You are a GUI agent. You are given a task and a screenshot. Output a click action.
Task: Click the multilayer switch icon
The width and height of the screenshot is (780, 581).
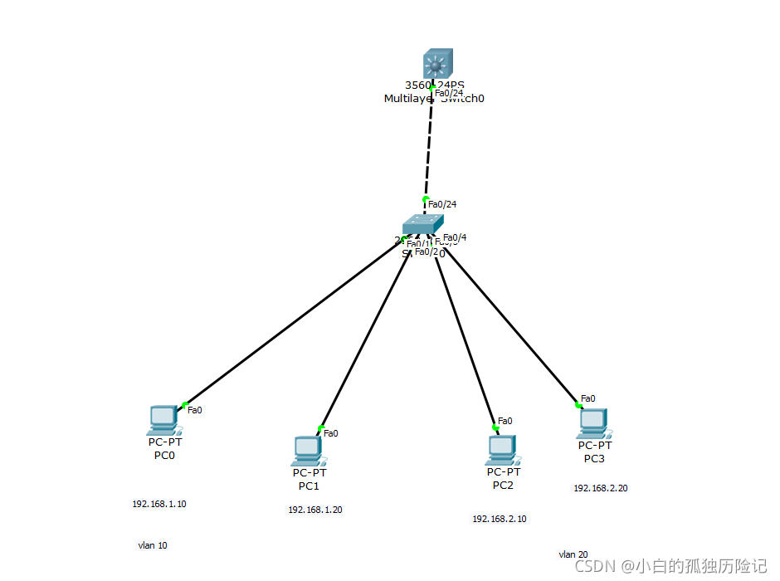click(436, 64)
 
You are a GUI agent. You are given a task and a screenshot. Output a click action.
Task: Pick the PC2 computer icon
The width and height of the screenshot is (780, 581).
click(502, 449)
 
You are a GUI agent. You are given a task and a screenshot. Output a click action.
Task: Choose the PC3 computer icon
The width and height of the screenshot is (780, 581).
click(593, 423)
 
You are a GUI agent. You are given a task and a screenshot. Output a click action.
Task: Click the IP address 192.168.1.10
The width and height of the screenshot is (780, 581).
click(159, 504)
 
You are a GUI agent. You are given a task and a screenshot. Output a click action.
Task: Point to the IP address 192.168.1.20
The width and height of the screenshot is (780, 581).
click(315, 510)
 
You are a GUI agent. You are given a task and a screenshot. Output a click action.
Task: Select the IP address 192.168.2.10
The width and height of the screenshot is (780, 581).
click(500, 519)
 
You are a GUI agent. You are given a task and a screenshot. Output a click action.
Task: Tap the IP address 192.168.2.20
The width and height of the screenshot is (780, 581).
click(601, 488)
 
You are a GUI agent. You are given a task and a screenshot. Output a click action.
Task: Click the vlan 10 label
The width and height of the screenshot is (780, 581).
click(153, 545)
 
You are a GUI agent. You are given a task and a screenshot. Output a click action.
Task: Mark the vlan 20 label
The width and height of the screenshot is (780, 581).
click(573, 554)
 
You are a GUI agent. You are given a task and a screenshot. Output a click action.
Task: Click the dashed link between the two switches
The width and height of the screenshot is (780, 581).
click(429, 145)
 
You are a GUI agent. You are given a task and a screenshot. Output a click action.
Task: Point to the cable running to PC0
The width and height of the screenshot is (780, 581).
click(290, 325)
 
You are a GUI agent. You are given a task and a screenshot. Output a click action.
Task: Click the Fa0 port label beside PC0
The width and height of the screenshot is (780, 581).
click(195, 409)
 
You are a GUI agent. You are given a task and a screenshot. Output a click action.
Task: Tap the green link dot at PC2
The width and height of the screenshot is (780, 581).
click(495, 428)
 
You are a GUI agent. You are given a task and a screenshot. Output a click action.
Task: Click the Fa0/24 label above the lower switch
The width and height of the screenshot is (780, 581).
click(442, 203)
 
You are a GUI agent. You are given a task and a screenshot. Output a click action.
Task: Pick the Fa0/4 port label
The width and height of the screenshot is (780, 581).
click(455, 237)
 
